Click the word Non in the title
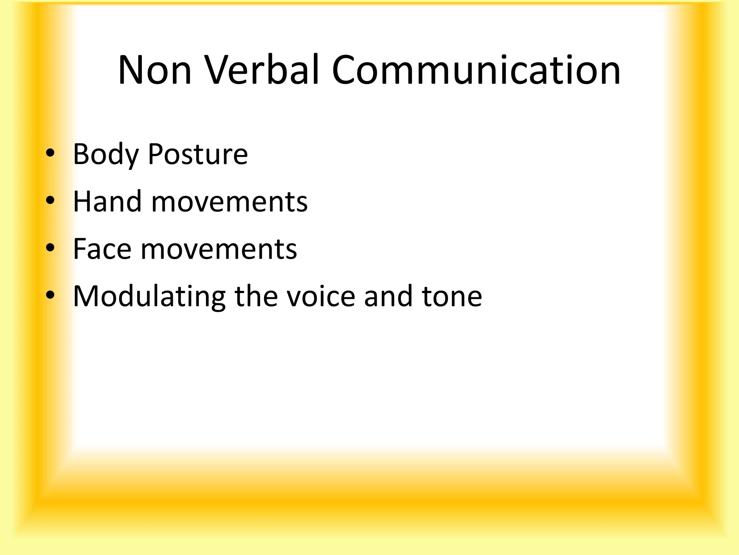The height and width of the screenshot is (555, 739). [x=154, y=70]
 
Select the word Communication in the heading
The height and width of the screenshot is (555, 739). [x=476, y=70]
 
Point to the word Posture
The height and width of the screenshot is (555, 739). [x=198, y=155]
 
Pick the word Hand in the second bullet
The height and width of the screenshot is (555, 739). [x=107, y=202]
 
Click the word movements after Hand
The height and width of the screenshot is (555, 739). [x=229, y=202]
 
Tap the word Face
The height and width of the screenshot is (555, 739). [x=102, y=249]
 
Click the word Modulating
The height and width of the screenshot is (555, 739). [x=149, y=296]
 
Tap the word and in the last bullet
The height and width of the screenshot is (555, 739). [x=388, y=296]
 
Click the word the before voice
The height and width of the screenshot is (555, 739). [x=256, y=296]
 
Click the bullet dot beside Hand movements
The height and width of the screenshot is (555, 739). [x=50, y=200]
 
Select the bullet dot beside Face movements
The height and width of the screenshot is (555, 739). [x=50, y=248]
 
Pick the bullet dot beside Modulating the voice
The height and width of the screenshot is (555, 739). [x=50, y=295]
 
